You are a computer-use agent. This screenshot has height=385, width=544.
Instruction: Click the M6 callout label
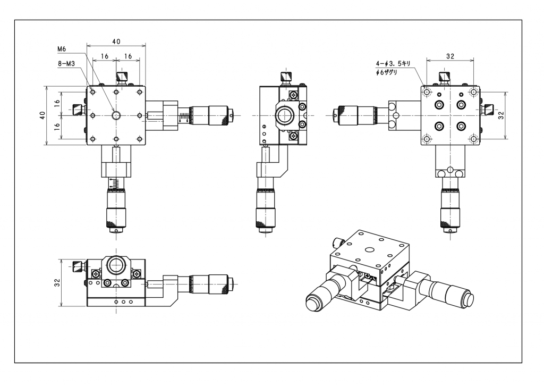coord(62,49)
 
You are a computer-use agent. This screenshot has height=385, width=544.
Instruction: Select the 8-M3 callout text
coord(66,63)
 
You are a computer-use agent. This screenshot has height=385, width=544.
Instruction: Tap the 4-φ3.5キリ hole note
coord(393,63)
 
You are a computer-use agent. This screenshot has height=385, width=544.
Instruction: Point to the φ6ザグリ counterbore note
coord(387,72)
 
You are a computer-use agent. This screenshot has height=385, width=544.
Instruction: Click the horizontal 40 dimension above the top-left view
coord(116,41)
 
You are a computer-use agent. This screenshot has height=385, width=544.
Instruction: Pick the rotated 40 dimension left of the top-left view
coord(42,115)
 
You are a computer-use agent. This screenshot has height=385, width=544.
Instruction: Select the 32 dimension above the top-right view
coord(450,56)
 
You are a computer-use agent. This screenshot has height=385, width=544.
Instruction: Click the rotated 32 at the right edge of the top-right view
coord(501,115)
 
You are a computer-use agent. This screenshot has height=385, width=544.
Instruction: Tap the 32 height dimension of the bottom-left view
coord(57,282)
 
